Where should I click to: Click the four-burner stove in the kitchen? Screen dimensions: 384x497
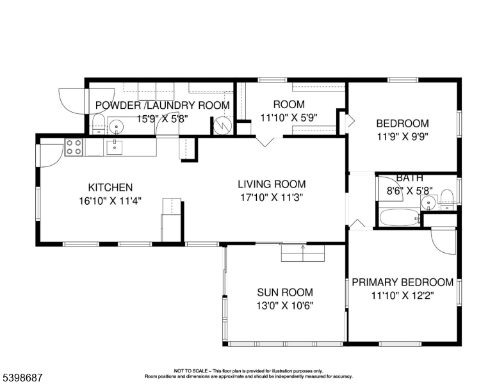tap(74, 147)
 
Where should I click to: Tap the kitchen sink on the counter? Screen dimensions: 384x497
tap(114, 147)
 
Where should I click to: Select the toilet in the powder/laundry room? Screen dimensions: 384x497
tap(98, 124)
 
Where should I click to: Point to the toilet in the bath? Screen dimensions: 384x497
tap(447, 196)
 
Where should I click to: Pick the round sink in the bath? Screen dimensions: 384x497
tap(428, 204)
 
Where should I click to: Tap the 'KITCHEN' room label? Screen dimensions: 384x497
tap(110, 188)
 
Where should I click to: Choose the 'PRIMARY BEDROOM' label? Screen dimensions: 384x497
tap(403, 282)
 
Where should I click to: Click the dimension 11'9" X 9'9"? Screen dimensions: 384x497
tap(402, 136)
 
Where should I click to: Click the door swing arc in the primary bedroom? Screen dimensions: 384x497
tap(443, 243)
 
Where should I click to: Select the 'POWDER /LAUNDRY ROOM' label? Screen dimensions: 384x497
tap(162, 105)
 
